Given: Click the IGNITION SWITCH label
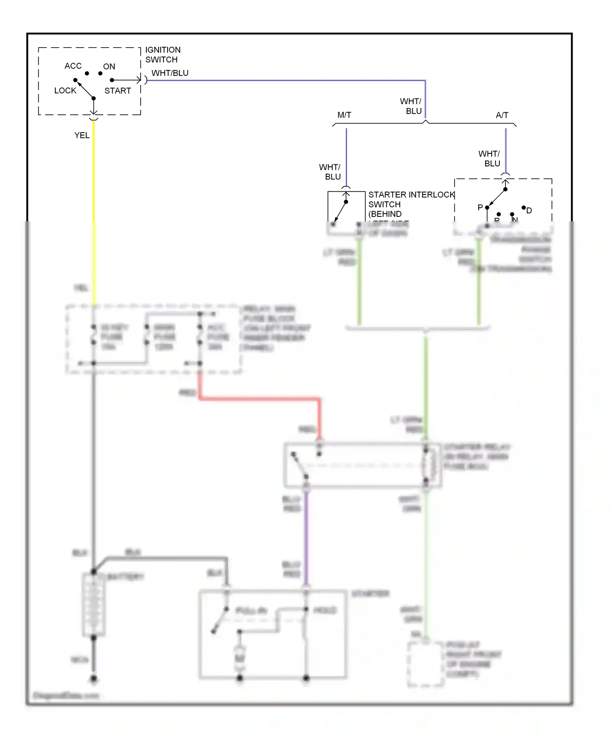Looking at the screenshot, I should click(163, 55).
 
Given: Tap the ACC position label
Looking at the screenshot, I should click(73, 66).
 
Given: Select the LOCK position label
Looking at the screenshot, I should click(65, 90).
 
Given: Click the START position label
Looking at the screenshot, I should click(118, 91).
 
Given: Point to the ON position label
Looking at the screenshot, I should click(109, 66).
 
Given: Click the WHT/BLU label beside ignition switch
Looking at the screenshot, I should click(170, 73).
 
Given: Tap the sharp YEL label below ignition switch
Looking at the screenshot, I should click(82, 135).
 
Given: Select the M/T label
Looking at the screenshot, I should click(344, 115).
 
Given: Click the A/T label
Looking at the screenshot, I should click(502, 115).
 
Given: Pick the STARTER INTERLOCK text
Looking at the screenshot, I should click(411, 195).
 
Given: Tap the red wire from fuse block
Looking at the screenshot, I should click(260, 399).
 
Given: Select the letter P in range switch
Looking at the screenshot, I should click(480, 207).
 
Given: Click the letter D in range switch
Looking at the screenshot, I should click(529, 210).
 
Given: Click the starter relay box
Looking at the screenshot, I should click(362, 465).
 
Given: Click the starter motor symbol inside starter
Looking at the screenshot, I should click(240, 658).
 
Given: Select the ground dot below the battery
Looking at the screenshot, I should click(94, 679).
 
